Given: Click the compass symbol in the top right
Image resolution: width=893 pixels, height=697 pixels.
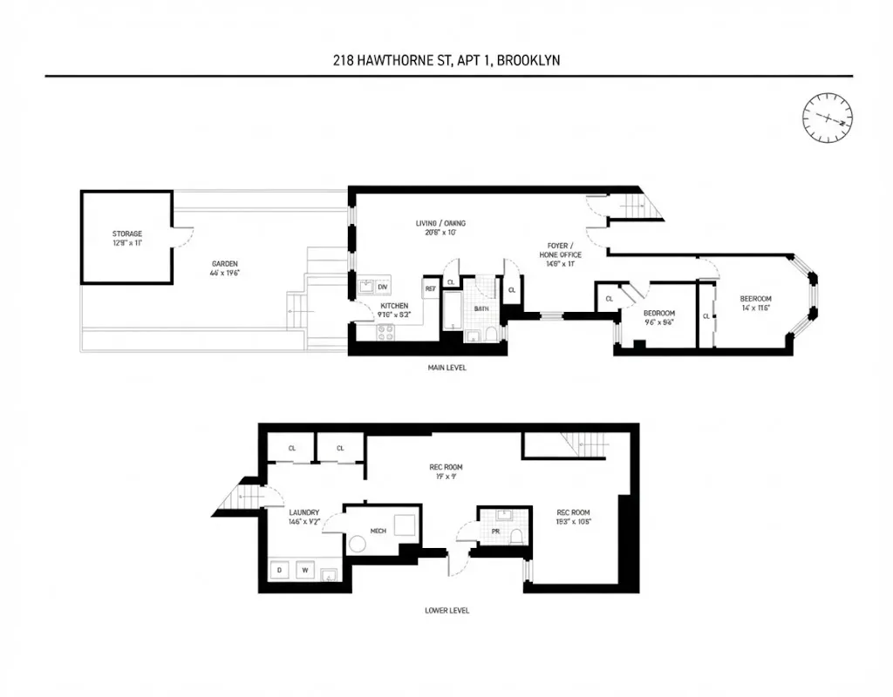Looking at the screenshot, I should pos(828,118).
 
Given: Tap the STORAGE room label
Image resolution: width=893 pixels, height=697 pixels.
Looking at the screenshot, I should pos(126,234).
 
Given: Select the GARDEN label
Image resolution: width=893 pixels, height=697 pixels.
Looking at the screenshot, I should pos(224,264).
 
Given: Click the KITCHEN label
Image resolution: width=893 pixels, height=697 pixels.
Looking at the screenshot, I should pos(394,307).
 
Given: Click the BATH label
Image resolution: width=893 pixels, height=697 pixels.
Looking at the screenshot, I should pos(481,308).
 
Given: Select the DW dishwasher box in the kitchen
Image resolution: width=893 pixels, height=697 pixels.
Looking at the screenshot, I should pos(383,287).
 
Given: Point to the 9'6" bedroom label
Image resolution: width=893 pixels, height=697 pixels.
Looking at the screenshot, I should pos(659,314).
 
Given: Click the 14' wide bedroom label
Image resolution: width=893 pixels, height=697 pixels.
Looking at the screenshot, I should pos(755,299).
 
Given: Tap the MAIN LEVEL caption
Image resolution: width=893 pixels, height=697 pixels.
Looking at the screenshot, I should pos(446,368).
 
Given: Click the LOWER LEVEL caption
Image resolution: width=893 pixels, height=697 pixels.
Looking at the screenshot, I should pos(446,611).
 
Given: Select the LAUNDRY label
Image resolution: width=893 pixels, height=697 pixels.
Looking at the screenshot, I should pos(304,512).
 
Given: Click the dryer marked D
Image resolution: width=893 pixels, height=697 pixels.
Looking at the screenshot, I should pos(279,572).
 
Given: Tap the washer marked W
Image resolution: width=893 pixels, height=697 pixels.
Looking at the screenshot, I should pos(305,572).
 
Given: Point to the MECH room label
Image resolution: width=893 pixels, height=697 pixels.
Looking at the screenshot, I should pos(378,529).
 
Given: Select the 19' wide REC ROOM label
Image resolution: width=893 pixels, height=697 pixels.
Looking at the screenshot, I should pos(445,466).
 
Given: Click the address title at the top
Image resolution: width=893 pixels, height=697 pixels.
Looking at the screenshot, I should pos(447,60).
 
